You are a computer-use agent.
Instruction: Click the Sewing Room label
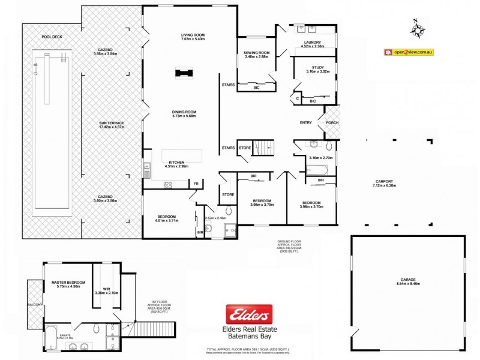point(256,53)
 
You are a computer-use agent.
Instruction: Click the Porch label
point(332,123)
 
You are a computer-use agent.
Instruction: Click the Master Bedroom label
point(68,283)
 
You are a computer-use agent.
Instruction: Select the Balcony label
point(35,305)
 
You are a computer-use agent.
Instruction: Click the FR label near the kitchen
point(195,184)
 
